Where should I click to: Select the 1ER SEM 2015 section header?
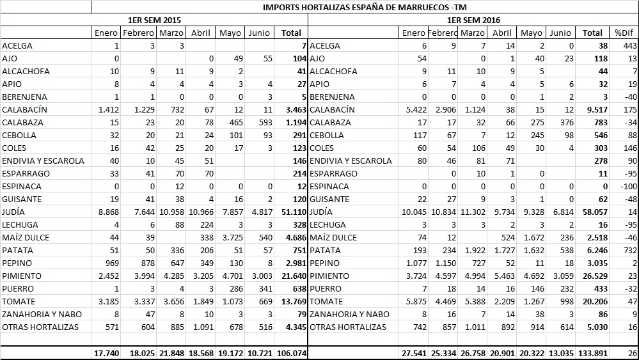tap(154, 20)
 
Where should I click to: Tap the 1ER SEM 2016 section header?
tap(473, 20)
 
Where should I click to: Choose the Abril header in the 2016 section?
tap(502, 33)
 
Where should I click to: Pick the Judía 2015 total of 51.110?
tap(291, 212)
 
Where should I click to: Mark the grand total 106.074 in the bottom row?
tap(291, 353)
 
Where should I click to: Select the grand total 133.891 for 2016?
tap(592, 353)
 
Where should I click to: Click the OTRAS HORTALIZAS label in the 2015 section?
tap(40, 327)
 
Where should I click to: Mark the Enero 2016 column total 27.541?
tap(413, 353)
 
